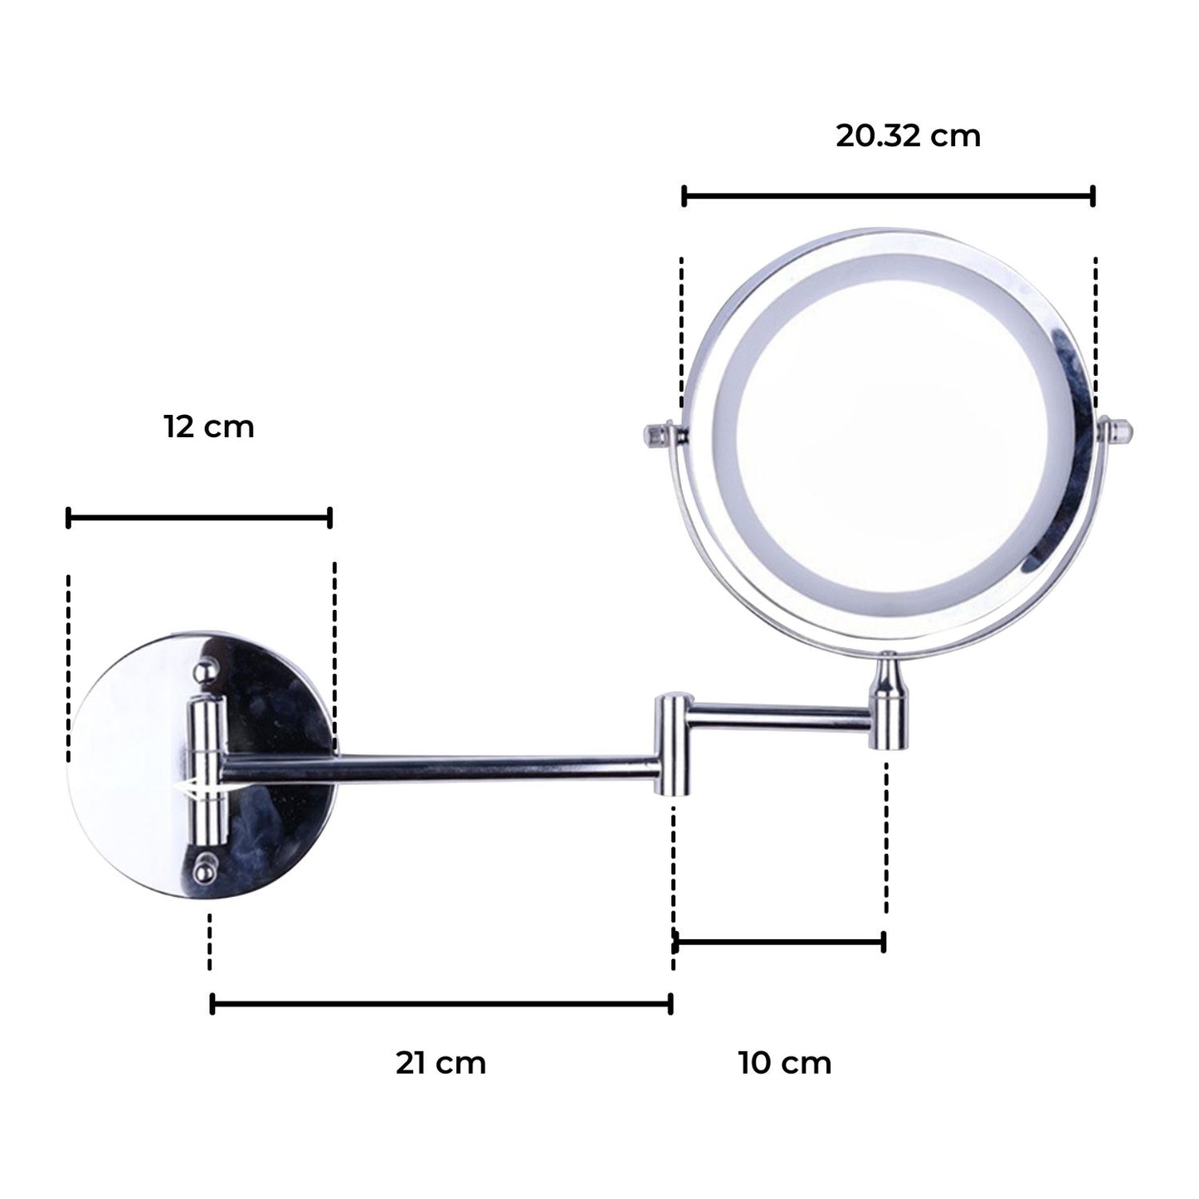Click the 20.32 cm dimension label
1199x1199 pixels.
click(908, 136)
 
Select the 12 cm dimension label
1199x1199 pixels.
click(208, 427)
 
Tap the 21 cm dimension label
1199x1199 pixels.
click(441, 1063)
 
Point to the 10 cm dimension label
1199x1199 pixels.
click(785, 1063)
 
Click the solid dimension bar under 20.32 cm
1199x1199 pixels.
click(888, 197)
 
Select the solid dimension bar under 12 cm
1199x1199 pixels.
click(199, 519)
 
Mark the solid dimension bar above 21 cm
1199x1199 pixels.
click(441, 1005)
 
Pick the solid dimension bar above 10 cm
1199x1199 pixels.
click(778, 942)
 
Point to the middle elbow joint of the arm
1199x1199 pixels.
click(672, 744)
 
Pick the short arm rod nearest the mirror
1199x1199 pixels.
click(780, 719)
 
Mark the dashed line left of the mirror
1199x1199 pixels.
click(682, 332)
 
